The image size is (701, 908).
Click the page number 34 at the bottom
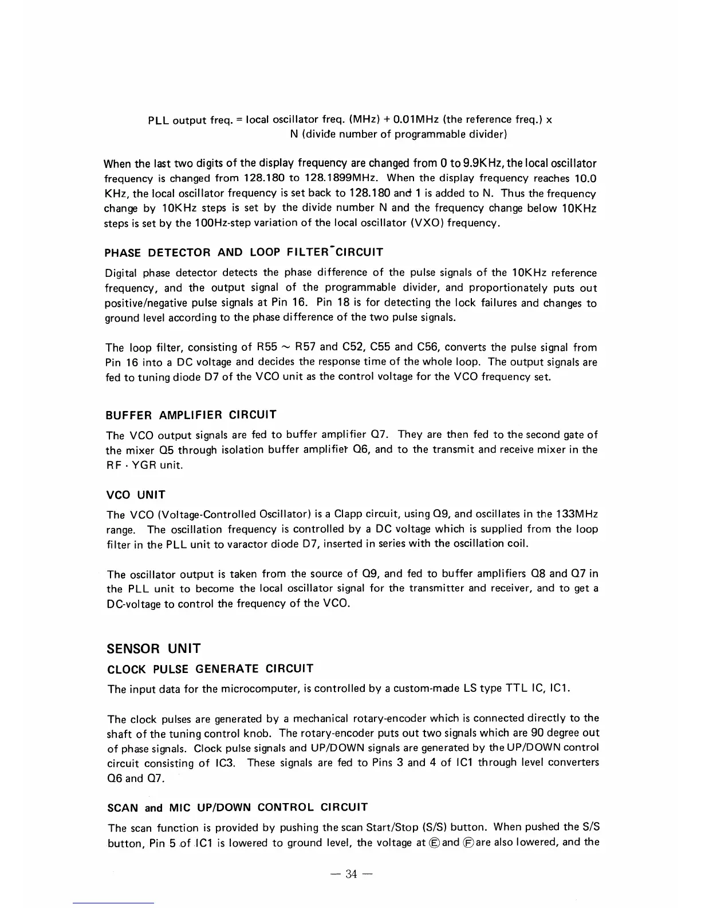[351, 874]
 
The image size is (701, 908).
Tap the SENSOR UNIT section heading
[153, 648]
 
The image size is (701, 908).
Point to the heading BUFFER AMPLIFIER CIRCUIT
[191, 414]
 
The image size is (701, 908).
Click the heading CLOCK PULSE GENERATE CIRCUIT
[210, 669]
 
